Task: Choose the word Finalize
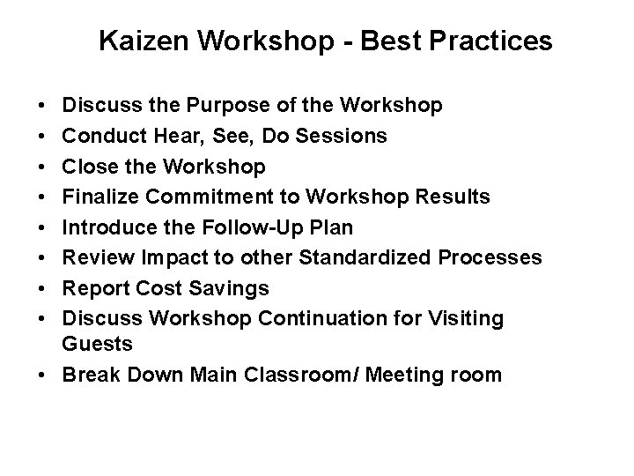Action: (x=99, y=197)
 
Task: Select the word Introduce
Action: (x=106, y=227)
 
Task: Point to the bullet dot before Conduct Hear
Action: (x=44, y=138)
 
